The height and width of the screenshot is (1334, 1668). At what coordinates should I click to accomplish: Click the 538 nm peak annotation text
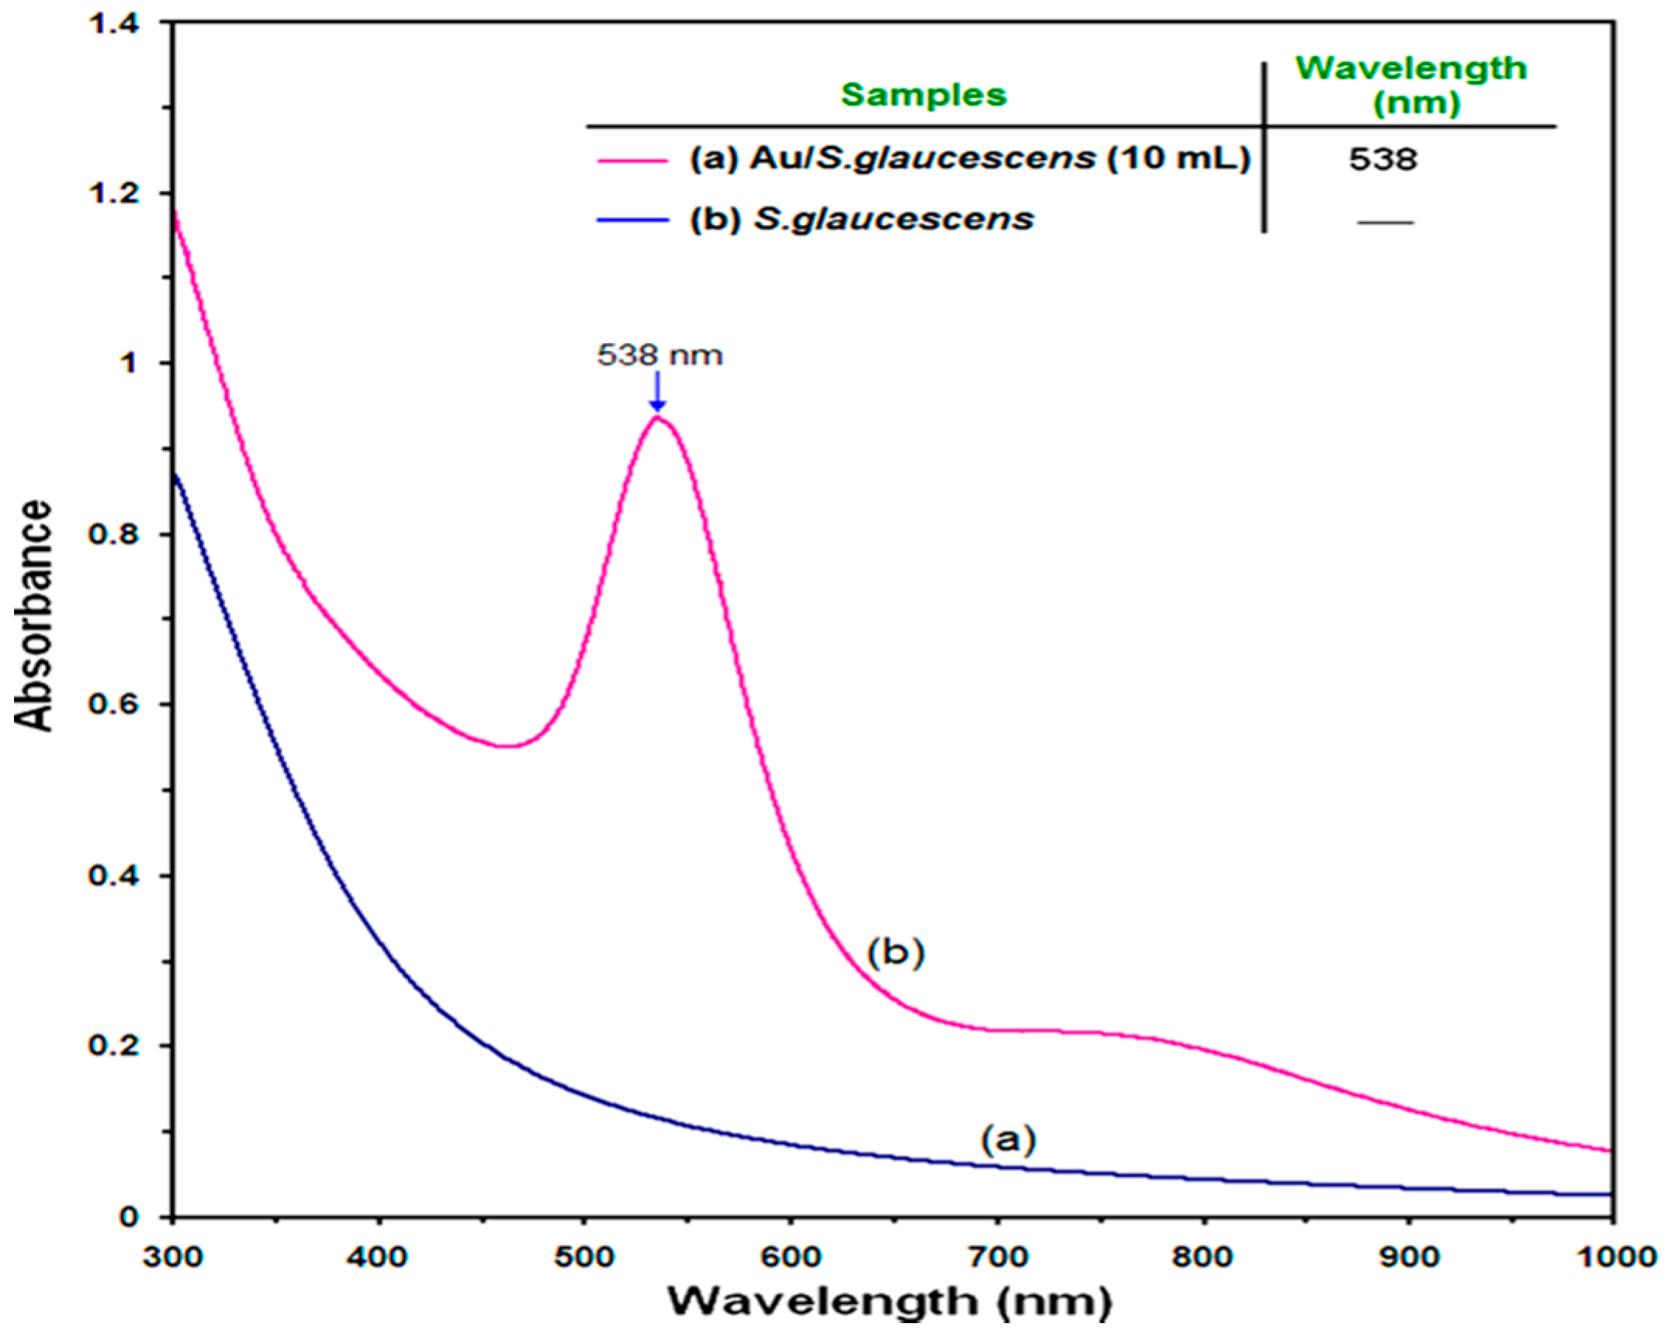pos(659,355)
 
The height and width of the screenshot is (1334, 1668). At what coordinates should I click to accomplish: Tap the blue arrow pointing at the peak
pos(657,392)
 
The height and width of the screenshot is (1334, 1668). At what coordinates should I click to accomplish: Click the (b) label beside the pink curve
pos(896,953)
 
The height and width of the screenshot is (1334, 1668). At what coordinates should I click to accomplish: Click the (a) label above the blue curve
pos(1008,1140)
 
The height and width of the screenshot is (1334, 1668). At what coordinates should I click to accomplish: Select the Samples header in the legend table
pos(923,95)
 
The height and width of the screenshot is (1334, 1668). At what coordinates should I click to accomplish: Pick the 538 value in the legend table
pos(1383,159)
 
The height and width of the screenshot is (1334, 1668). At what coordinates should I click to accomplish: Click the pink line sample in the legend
pos(632,161)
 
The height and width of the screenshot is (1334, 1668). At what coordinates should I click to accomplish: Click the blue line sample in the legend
pos(632,220)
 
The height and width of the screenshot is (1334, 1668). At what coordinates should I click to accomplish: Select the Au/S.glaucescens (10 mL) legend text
pos(970,158)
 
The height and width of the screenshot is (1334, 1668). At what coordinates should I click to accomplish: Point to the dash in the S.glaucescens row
pos(1385,223)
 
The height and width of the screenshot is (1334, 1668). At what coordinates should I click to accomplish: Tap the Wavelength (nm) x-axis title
pos(890,1301)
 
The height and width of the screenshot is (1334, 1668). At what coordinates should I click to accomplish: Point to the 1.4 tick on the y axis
pos(116,23)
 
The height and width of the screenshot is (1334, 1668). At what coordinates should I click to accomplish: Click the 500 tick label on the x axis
pos(583,1256)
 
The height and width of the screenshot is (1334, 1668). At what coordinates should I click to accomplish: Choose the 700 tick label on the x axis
pos(997,1256)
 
